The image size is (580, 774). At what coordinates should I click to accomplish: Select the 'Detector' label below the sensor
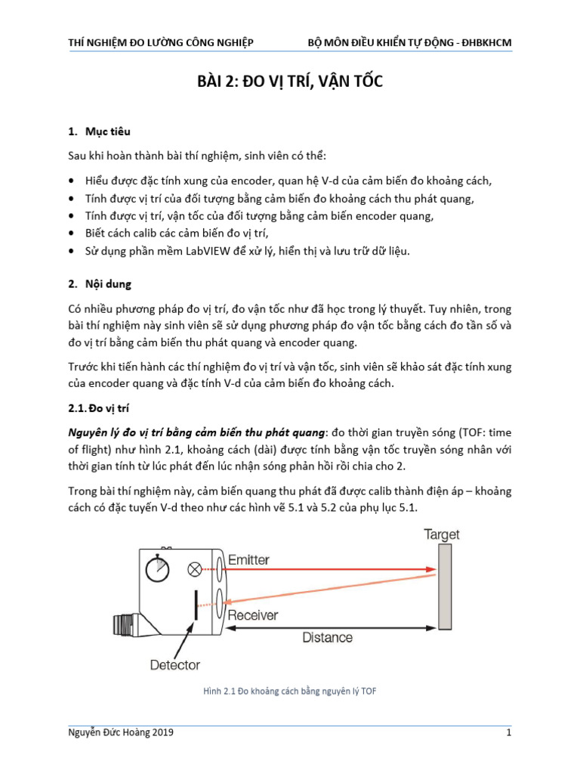tap(175, 665)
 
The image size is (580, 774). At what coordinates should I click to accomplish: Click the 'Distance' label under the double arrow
tap(327, 637)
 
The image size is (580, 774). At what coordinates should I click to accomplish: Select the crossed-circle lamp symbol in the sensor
tap(195, 568)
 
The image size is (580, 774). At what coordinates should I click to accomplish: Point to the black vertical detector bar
tap(196, 605)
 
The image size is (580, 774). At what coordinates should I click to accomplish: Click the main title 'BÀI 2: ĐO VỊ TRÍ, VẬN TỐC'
tap(290, 82)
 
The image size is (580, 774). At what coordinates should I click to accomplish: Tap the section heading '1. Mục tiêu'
tap(99, 132)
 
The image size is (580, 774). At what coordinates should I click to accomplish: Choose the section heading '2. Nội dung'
tap(100, 285)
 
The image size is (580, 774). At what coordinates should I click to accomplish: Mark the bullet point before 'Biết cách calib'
tap(71, 234)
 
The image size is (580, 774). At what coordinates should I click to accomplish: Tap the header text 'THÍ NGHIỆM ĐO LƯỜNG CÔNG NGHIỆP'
tap(161, 42)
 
